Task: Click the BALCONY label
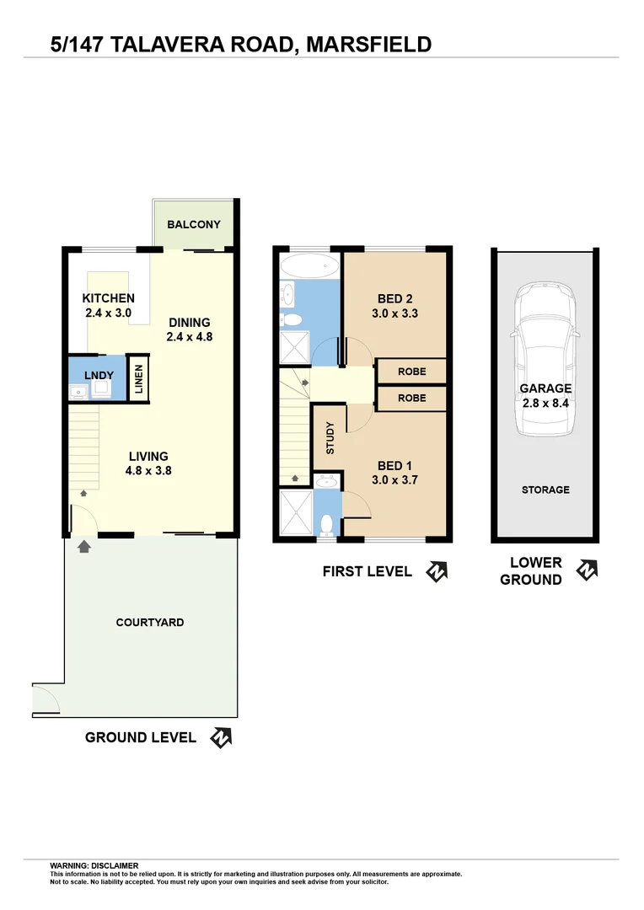click(x=194, y=225)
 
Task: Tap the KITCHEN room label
click(x=108, y=298)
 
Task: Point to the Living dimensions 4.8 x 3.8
click(x=148, y=471)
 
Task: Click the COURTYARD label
click(x=150, y=623)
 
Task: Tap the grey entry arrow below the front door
click(x=83, y=548)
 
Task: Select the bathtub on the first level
click(x=309, y=267)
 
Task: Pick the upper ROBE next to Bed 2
click(x=411, y=372)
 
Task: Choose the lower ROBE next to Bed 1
click(x=411, y=398)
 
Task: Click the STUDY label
click(x=330, y=438)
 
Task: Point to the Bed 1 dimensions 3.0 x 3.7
click(x=395, y=480)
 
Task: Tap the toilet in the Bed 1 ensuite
click(x=327, y=523)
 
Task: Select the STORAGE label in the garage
click(x=545, y=490)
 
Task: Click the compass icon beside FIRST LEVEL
click(x=437, y=571)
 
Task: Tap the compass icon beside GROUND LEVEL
click(x=221, y=738)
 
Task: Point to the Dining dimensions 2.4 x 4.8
click(x=190, y=337)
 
